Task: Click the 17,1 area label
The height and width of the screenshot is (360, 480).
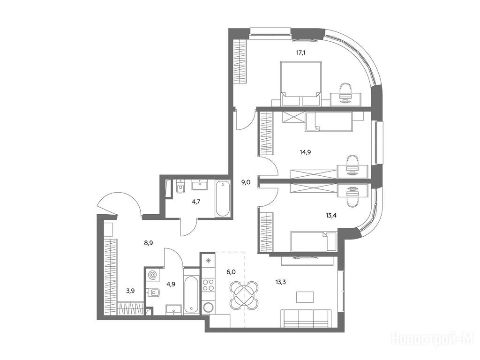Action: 300,52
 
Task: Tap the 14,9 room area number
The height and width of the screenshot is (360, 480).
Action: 305,152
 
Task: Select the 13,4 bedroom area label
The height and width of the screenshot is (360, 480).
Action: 331,216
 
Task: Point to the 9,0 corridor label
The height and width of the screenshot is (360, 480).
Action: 246,182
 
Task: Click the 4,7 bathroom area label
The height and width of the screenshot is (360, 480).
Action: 196,202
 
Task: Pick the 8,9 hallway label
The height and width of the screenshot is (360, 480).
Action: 149,243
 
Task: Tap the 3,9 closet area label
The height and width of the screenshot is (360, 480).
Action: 130,291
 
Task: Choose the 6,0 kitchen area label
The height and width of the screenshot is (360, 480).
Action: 230,272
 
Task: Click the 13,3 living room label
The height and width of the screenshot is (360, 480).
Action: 280,282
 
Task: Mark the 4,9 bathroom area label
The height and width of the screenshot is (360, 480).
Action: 171,284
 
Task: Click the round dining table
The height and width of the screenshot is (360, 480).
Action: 244,295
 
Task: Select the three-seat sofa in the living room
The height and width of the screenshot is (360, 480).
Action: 306,318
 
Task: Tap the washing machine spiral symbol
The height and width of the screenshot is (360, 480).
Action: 152,275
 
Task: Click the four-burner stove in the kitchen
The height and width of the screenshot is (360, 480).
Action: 209,285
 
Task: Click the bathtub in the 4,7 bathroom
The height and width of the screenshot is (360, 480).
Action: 223,199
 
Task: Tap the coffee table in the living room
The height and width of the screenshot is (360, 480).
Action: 305,297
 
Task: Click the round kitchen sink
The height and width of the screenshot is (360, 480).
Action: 209,307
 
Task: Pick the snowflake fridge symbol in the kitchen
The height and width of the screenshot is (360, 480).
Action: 208,261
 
